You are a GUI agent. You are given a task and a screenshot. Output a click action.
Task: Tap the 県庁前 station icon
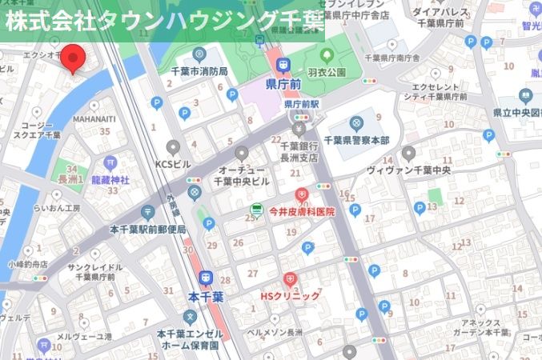[x=282, y=66]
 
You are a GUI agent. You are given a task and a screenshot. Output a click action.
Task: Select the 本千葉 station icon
[x=206, y=278]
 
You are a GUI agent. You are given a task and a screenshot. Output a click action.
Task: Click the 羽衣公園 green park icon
[x=326, y=56]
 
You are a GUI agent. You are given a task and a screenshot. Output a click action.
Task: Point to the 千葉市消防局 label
[x=199, y=71]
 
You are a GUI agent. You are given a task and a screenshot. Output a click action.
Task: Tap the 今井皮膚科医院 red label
[x=301, y=212]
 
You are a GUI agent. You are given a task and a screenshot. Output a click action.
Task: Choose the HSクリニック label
[x=290, y=296]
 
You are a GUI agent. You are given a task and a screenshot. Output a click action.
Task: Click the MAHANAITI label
[x=94, y=119]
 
